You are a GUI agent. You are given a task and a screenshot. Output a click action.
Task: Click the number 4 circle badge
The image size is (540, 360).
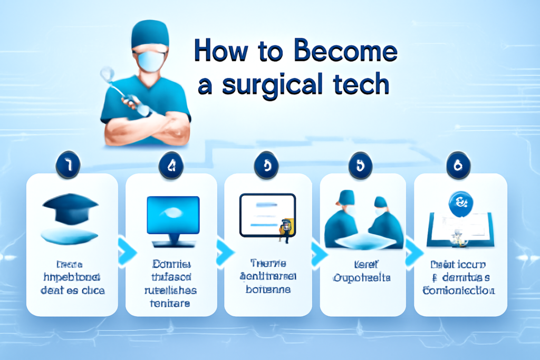click(171, 166)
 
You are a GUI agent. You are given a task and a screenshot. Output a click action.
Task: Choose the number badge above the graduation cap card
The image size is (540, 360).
click(69, 166)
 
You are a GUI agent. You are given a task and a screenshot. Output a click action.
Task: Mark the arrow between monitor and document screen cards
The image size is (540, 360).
click(222, 247)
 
